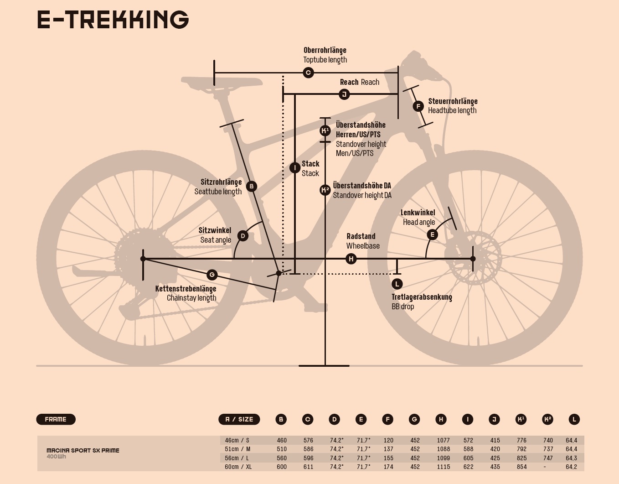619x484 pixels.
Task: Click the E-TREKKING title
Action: tap(113, 20)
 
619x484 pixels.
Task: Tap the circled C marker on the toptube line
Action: tap(308, 73)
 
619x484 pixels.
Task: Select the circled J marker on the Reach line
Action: tap(345, 94)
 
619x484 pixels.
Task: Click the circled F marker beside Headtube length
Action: tap(418, 106)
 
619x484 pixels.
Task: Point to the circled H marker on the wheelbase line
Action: tap(351, 259)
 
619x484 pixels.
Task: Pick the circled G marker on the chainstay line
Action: tap(211, 275)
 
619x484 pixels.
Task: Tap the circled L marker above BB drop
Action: tap(397, 284)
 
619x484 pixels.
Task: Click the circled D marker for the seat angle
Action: tap(243, 236)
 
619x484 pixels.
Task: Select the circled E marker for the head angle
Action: tap(432, 234)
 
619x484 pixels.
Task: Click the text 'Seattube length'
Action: tap(218, 192)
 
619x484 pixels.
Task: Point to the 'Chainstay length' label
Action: tap(191, 298)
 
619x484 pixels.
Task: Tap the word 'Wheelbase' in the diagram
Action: tap(363, 246)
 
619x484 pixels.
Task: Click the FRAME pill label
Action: tap(56, 419)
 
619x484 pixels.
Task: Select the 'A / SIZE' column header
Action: tap(239, 419)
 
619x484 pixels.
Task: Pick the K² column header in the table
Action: tap(547, 419)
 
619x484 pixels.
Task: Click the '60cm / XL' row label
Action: tap(238, 467)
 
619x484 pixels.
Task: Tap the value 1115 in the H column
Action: tap(443, 467)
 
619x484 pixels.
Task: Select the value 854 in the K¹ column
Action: tap(521, 467)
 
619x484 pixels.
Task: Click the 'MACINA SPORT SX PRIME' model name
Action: tap(83, 450)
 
